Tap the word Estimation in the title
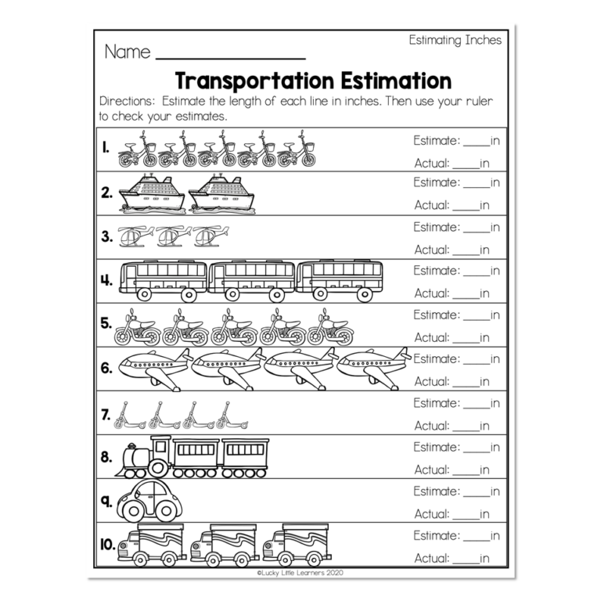(394, 81)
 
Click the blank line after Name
(230, 57)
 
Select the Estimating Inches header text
(455, 41)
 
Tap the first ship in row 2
(152, 193)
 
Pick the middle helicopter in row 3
(173, 236)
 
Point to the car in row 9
(149, 502)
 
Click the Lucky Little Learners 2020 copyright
(300, 573)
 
